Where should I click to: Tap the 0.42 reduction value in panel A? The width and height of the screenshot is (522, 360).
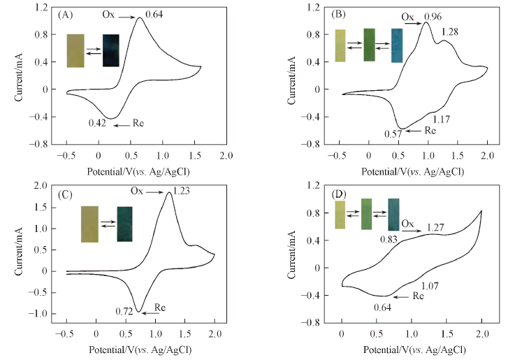click(96, 124)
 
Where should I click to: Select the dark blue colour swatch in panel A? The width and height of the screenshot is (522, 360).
click(110, 50)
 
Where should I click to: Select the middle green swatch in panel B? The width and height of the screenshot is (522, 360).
click(369, 45)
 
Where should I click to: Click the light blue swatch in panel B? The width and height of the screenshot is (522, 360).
click(397, 45)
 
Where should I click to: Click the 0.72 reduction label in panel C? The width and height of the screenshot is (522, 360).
click(124, 308)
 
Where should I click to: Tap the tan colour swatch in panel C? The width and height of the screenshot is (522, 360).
click(89, 224)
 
